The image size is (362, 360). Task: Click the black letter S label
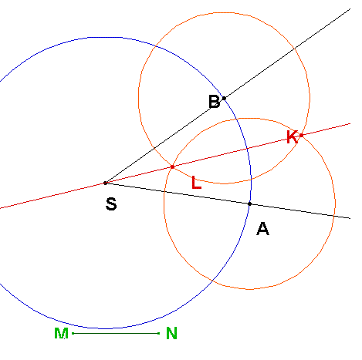pyautogui.click(x=111, y=204)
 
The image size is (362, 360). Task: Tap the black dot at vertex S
pyautogui.click(x=105, y=183)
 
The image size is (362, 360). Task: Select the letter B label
pyautogui.click(x=215, y=102)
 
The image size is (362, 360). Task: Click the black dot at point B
pyautogui.click(x=224, y=98)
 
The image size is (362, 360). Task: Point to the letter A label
pyautogui.click(x=262, y=229)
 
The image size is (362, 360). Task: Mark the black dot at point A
pyautogui.click(x=249, y=204)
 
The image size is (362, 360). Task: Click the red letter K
pyautogui.click(x=292, y=137)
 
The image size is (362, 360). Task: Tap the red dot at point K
pyautogui.click(x=301, y=135)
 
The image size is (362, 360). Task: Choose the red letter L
pyautogui.click(x=197, y=183)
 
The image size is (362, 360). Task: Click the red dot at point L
pyautogui.click(x=172, y=167)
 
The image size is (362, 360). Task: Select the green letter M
pyautogui.click(x=61, y=333)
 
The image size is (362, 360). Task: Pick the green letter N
pyautogui.click(x=171, y=333)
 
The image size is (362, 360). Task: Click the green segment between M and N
pyautogui.click(x=116, y=333)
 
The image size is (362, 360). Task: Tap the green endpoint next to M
pyautogui.click(x=73, y=333)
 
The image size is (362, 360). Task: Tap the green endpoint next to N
pyautogui.click(x=158, y=333)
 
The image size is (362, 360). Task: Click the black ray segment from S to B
pyautogui.click(x=164, y=140)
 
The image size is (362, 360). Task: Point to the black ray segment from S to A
pyautogui.click(x=178, y=193)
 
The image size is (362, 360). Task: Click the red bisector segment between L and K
pyautogui.click(x=237, y=151)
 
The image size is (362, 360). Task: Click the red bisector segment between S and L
pyautogui.click(x=139, y=175)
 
